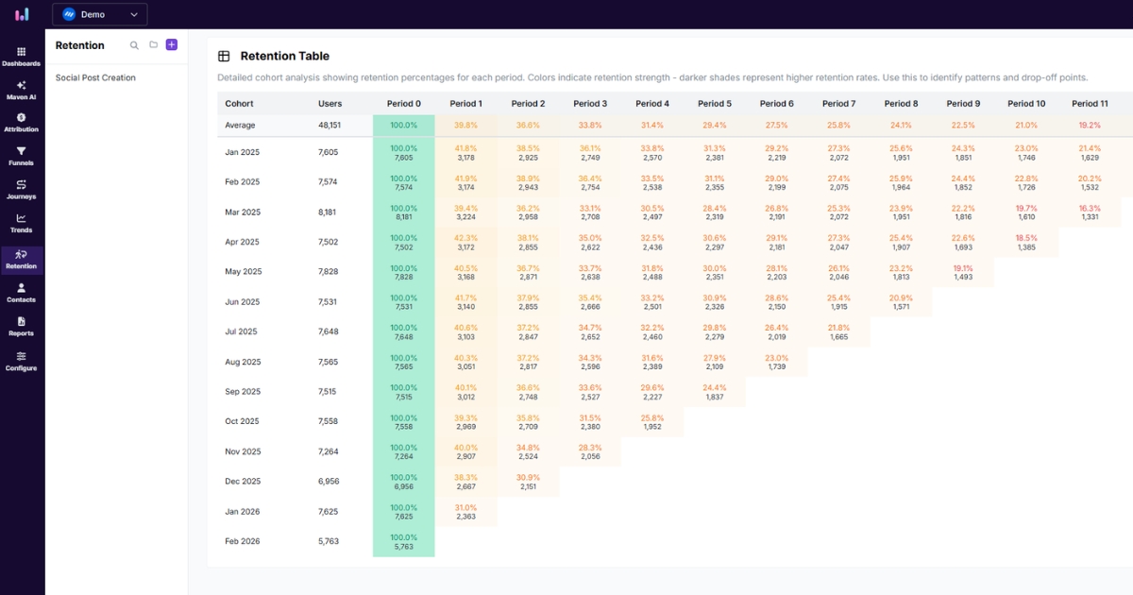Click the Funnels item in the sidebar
[x=21, y=155]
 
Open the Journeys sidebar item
[x=21, y=189]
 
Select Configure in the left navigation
[x=21, y=360]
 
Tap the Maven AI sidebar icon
[x=21, y=89]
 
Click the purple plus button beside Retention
[x=171, y=44]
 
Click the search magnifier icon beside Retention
[x=134, y=44]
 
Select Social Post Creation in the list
[x=95, y=77]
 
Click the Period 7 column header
[x=838, y=104]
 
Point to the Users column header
[x=330, y=104]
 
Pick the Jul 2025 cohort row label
[x=242, y=331]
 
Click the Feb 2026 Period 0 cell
[x=403, y=542]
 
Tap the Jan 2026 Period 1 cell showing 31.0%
[x=465, y=512]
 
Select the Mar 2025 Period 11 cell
[x=1090, y=212]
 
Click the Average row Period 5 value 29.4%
[x=715, y=125]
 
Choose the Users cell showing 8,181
[x=329, y=212]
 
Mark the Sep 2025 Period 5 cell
[x=715, y=392]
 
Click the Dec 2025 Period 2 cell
[x=528, y=482]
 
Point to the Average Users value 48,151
[x=330, y=125]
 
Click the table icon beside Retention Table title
[x=224, y=57]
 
